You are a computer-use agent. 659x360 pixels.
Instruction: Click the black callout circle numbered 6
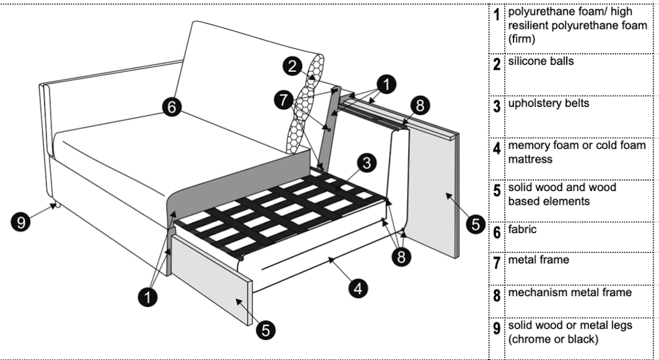pos(172,107)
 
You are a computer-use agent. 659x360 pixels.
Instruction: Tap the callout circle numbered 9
pos(21,222)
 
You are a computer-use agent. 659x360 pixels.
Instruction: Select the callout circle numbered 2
pos(292,66)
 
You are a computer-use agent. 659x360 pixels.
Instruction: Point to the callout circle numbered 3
pos(367,163)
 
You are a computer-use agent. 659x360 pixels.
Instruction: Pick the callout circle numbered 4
pos(358,288)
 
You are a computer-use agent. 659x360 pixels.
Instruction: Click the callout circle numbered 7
pos(283,100)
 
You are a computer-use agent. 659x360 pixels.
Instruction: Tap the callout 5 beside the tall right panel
pos(476,224)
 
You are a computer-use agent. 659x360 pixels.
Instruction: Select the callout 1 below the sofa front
pos(148,297)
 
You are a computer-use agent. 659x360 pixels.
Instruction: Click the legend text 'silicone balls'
pos(541,61)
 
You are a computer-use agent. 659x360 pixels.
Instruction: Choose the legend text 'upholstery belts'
pos(549,103)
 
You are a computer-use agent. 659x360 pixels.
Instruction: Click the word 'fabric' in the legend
pos(522,229)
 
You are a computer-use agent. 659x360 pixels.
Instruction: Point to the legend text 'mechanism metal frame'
pos(570,292)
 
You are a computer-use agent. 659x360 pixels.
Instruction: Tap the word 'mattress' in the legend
pos(530,159)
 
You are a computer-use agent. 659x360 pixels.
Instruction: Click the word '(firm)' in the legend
pos(521,39)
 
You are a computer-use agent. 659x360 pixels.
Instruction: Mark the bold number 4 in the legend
pos(496,148)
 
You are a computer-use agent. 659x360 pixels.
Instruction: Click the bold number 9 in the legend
pos(496,328)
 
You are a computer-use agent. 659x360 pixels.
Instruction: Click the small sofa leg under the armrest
pos(57,205)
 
